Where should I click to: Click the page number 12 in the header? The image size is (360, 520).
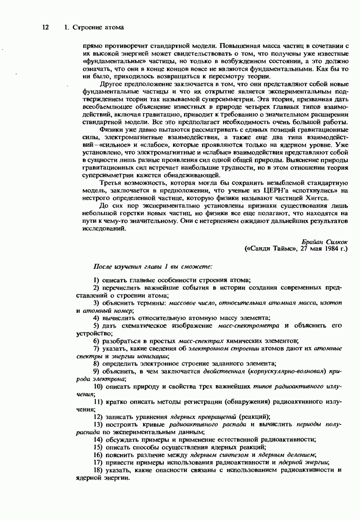tap(45, 27)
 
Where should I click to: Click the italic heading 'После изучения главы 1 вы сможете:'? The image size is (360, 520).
tap(153, 266)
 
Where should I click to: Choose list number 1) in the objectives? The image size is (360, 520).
tap(96, 280)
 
